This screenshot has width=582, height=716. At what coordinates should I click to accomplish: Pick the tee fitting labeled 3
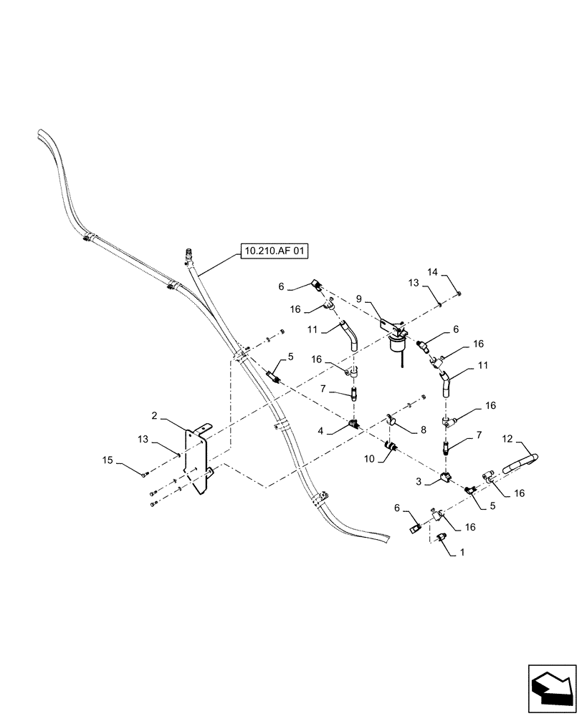[445, 478]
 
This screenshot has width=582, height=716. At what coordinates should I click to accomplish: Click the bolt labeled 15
[145, 473]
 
